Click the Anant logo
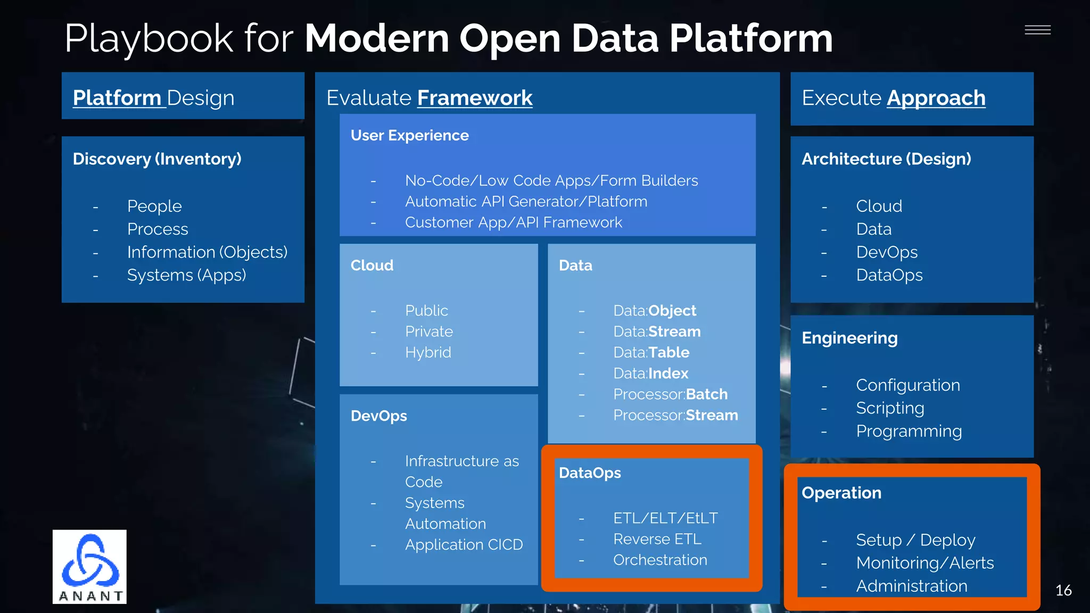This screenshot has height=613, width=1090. pos(89,566)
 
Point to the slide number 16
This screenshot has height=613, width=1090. pos(1063,590)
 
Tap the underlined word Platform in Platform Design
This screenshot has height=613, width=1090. pos(117,98)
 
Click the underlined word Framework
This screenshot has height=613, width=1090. pos(475,98)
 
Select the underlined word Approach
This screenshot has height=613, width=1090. pos(936,98)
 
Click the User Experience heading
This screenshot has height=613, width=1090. pos(409,136)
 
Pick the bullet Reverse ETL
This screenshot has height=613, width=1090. pos(657,539)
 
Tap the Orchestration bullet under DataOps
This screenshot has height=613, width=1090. pos(660,560)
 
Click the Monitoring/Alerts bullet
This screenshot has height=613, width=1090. pos(924,563)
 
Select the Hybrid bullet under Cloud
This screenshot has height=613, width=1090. pos(428,352)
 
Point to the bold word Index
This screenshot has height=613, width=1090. pos(668,374)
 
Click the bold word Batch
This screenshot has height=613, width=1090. pos(707,394)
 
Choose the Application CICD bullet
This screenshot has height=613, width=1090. pos(464,545)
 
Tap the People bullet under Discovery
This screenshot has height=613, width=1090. pos(154,206)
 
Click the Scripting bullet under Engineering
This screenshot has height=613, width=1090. pos(890,408)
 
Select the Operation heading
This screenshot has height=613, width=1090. pos(841,493)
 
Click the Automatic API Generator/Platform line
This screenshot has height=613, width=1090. pos(526,202)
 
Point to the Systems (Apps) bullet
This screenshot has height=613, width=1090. pos(186,275)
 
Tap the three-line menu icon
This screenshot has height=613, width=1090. pos(1037,30)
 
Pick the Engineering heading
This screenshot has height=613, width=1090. pos(849,338)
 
